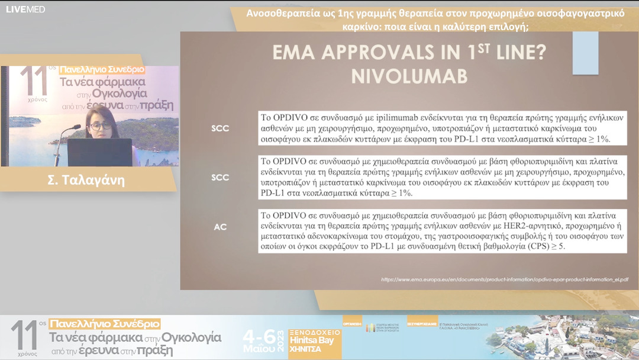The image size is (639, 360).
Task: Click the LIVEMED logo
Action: point(25,9)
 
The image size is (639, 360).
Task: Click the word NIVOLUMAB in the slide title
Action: point(409,76)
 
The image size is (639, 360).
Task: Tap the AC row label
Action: point(220,227)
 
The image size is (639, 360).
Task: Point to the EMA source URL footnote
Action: point(505,278)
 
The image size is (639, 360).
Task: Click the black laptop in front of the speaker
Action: point(99,152)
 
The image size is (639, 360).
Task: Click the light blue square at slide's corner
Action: point(585,53)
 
